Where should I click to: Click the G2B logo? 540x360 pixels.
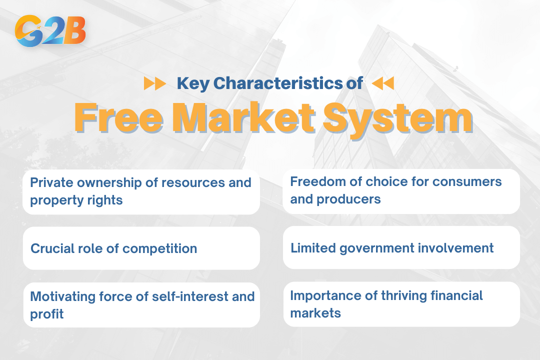(x=50, y=31)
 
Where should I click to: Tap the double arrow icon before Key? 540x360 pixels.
(x=155, y=83)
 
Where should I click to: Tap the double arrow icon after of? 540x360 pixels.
(x=383, y=83)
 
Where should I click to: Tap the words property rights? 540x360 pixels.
(x=76, y=200)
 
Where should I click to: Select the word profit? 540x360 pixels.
(x=47, y=314)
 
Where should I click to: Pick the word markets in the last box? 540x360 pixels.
(x=315, y=313)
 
